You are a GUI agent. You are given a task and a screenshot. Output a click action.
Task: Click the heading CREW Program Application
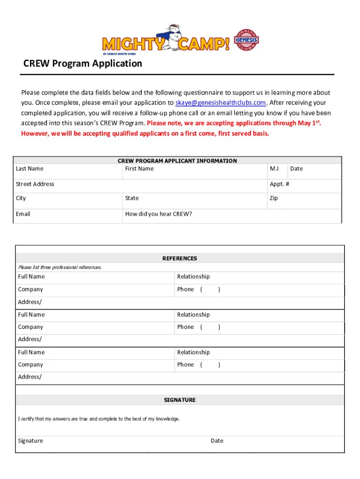click(x=83, y=64)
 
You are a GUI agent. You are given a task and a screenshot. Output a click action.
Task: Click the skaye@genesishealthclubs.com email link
click(x=221, y=103)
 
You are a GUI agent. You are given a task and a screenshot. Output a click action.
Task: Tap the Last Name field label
click(x=29, y=169)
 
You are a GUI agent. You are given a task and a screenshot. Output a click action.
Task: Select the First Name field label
click(x=139, y=169)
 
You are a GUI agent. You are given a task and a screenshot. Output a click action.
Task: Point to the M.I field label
click(x=274, y=169)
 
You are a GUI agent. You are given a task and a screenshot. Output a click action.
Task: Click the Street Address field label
click(x=35, y=184)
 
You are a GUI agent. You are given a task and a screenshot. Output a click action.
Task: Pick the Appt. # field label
click(x=279, y=184)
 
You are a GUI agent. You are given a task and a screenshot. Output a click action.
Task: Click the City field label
click(x=21, y=198)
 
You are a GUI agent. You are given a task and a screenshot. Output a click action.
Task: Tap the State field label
click(x=132, y=198)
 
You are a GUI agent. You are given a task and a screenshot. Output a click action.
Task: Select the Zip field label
click(x=274, y=198)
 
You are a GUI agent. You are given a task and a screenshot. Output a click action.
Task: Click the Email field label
click(x=23, y=214)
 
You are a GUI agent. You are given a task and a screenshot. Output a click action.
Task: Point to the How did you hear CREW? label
click(x=158, y=214)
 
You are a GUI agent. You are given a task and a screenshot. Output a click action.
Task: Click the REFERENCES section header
click(x=180, y=259)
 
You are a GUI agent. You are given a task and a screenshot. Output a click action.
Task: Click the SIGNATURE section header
click(x=180, y=400)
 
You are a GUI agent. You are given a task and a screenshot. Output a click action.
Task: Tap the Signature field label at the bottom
click(x=30, y=441)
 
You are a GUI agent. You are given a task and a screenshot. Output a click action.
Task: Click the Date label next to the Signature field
click(x=217, y=441)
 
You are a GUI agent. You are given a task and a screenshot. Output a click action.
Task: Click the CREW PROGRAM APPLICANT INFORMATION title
click(x=177, y=161)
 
